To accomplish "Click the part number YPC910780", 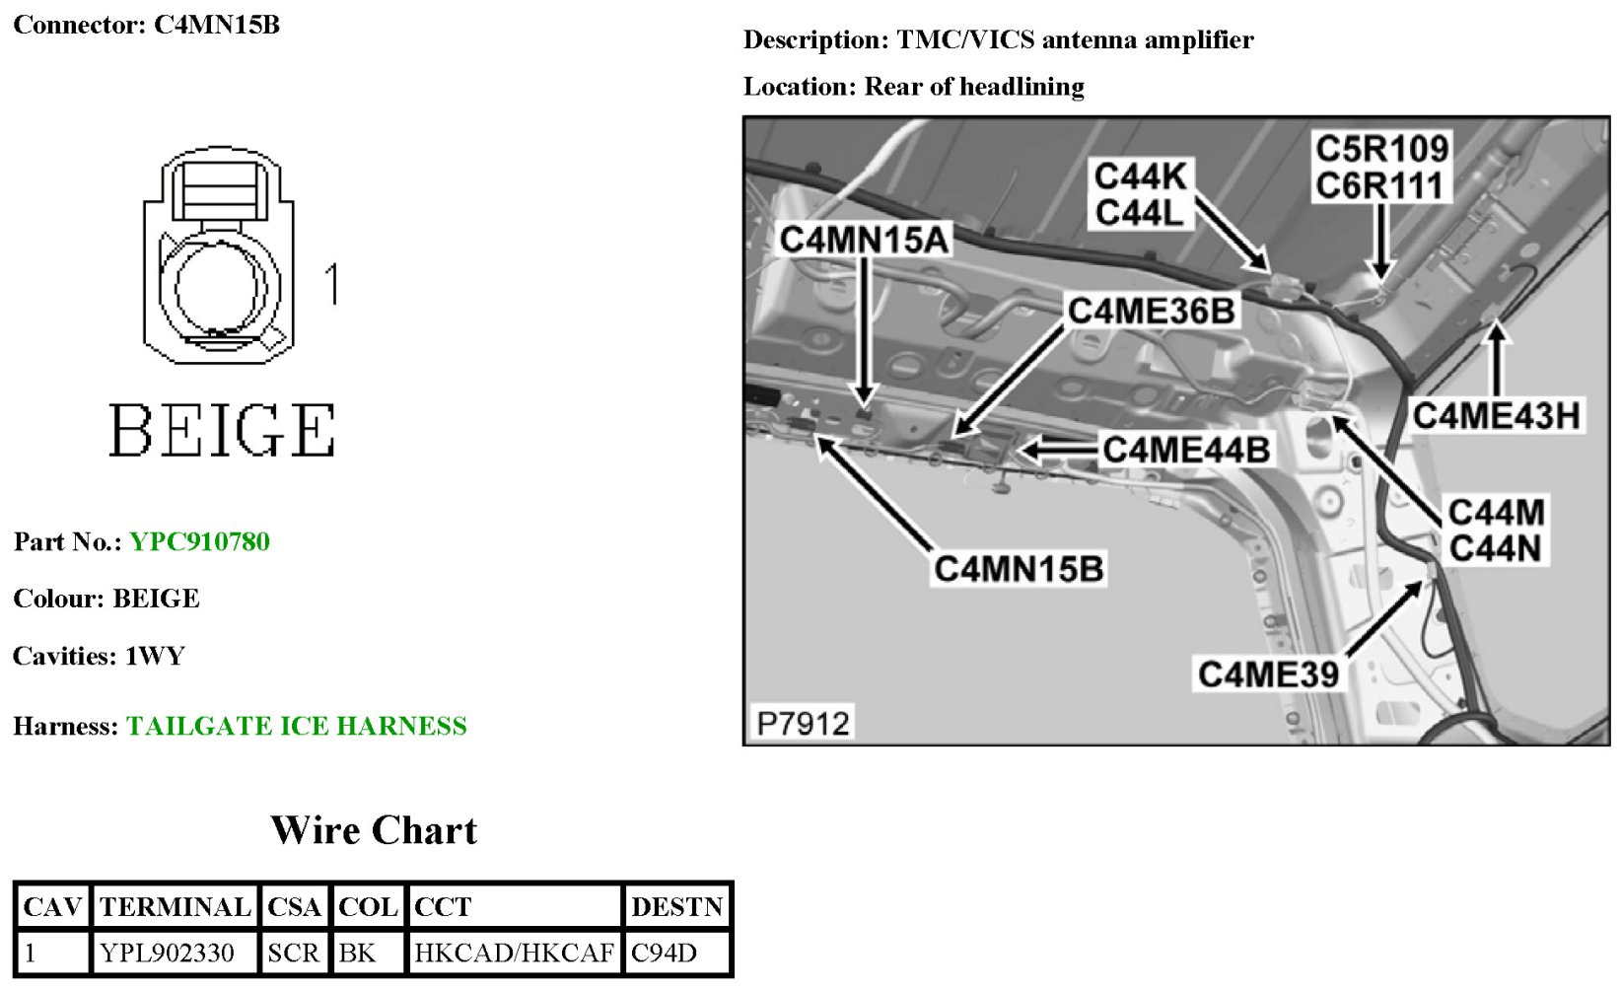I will tap(199, 541).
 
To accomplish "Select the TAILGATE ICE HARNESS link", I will tap(296, 726).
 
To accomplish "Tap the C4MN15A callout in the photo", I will tap(864, 240).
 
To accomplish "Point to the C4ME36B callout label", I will tap(1151, 311).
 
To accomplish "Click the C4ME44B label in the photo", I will tap(1186, 450).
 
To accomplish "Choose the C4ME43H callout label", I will tap(1496, 415).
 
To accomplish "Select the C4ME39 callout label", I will tap(1268, 674).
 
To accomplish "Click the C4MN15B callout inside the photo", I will tap(1019, 569).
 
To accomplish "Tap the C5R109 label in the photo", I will tap(1381, 149).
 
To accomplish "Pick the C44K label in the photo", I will tap(1140, 177).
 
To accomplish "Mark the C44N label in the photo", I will tap(1495, 548).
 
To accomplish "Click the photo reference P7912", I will tap(803, 723).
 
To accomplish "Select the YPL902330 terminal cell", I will tap(167, 953).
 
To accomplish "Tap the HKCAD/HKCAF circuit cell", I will tap(514, 953).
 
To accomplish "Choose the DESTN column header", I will tap(677, 906).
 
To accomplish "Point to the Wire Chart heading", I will tap(374, 830).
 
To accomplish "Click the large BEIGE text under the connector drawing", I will tap(222, 430).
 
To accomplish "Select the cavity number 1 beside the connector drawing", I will tap(332, 283).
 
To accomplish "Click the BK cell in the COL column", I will tap(357, 953).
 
